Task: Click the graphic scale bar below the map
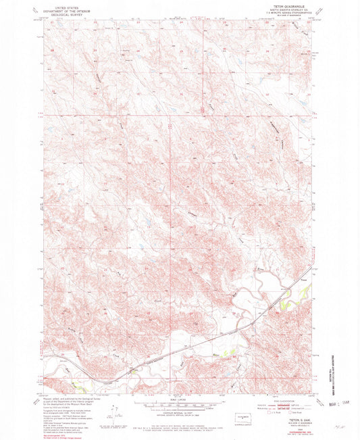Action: pyautogui.click(x=177, y=404)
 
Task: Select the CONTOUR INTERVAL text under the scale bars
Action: pyautogui.click(x=177, y=412)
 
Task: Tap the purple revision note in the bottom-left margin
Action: pyautogui.click(x=57, y=428)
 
